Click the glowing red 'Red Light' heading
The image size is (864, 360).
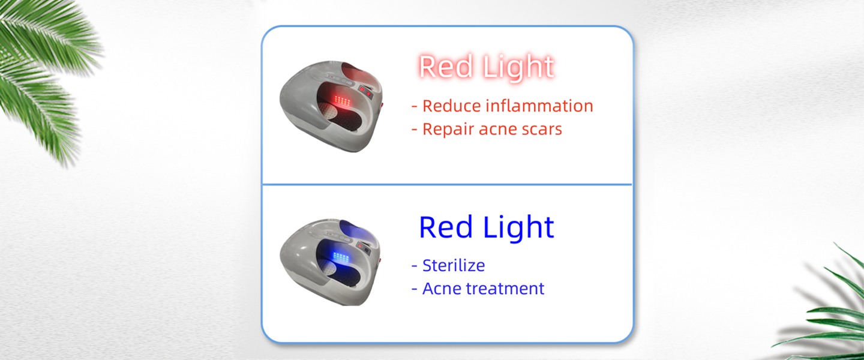click(x=487, y=67)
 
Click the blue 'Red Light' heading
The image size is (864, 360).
click(x=487, y=227)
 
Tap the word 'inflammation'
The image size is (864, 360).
click(x=539, y=106)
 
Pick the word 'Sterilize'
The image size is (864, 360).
click(x=454, y=265)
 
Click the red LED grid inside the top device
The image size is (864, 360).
click(x=342, y=100)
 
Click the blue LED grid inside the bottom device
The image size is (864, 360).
click(x=341, y=257)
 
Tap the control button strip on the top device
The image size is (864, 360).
click(x=341, y=79)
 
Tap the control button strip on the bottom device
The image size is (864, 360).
click(x=340, y=236)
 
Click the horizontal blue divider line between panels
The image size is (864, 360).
click(x=447, y=184)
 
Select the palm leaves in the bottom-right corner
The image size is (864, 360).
click(x=826, y=308)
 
